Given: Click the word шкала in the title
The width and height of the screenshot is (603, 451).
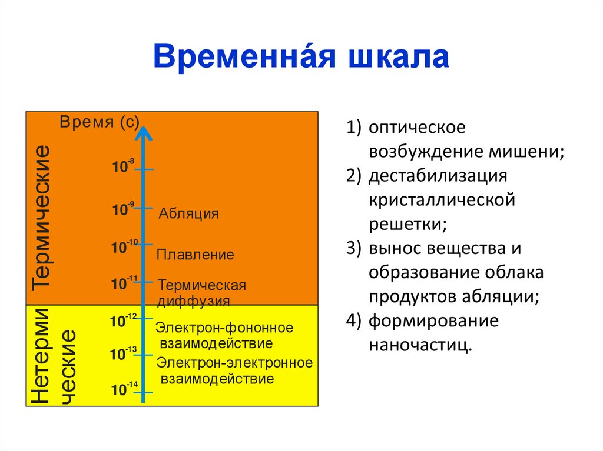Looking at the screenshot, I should click(400, 57).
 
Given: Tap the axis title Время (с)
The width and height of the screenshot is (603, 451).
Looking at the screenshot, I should click(99, 122).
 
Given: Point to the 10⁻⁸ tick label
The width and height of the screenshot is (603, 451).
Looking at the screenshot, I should click(123, 166).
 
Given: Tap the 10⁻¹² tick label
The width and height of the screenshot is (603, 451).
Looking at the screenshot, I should click(123, 320).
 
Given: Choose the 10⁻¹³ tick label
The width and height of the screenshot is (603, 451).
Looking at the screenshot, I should click(123, 353).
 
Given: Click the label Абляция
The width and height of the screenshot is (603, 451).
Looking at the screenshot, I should click(188, 213).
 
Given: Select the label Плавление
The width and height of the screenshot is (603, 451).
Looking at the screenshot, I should click(195, 255).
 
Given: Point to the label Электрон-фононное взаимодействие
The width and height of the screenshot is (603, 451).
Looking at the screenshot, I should click(224, 335).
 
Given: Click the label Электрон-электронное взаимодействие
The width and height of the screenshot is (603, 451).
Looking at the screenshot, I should click(234, 370).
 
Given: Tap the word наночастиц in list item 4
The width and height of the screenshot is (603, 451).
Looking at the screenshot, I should click(420, 344).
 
